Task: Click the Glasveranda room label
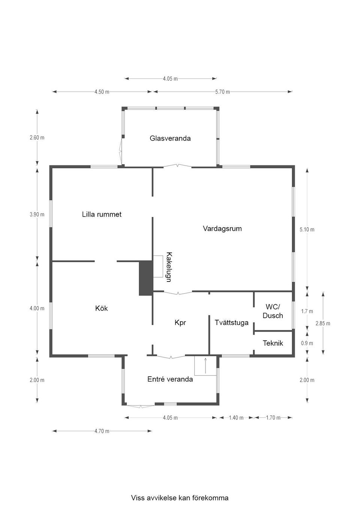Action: pos(170,138)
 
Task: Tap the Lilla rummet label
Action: pos(102,214)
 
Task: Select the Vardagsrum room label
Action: pos(222,228)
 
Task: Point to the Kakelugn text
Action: pos(169,267)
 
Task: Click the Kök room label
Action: pos(101,308)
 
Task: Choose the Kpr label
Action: pos(180,322)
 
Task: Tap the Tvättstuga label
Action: pos(231,322)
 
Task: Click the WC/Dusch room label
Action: pos(273,311)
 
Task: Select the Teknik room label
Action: pos(273,343)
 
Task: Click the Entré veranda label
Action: pos(170,379)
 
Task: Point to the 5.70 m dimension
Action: pos(222,92)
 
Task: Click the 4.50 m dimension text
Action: pos(102,92)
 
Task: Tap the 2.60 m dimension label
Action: pos(37,138)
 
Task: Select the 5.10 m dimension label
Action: pos(307,229)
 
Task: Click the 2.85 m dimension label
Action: pos(322,323)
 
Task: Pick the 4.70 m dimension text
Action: pos(102,431)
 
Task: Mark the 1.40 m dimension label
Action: pos(236,418)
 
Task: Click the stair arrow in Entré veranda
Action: pos(205,365)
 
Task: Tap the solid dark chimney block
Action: pos(145,278)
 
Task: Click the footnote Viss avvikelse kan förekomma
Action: pos(180,498)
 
